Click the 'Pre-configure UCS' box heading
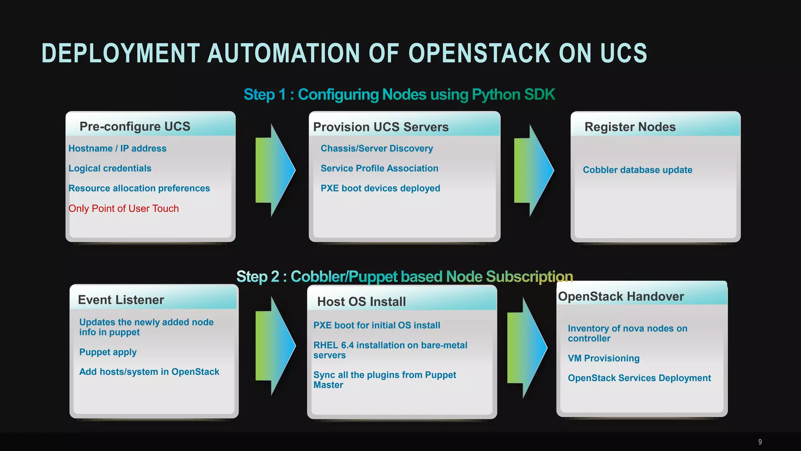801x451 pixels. (135, 126)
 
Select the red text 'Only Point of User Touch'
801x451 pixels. (124, 209)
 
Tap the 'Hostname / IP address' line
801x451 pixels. (117, 148)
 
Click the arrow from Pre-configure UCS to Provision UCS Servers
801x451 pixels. (275, 170)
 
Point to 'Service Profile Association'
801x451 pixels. (379, 168)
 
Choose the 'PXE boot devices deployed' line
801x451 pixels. (380, 188)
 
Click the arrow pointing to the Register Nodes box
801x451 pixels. (533, 170)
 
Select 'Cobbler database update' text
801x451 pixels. (638, 170)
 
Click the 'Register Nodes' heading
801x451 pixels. (630, 127)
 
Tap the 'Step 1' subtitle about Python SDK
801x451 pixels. (399, 95)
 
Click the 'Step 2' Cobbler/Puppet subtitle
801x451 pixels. (404, 277)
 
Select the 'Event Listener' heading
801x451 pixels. (121, 300)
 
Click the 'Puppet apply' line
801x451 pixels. (108, 352)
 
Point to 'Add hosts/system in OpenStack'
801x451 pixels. (149, 372)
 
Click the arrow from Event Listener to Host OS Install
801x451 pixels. (275, 346)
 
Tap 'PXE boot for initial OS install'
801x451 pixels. (377, 325)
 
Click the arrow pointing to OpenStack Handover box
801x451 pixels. (527, 347)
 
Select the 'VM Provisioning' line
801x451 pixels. (603, 358)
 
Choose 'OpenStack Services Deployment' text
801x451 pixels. (639, 378)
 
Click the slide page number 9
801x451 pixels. (760, 442)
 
